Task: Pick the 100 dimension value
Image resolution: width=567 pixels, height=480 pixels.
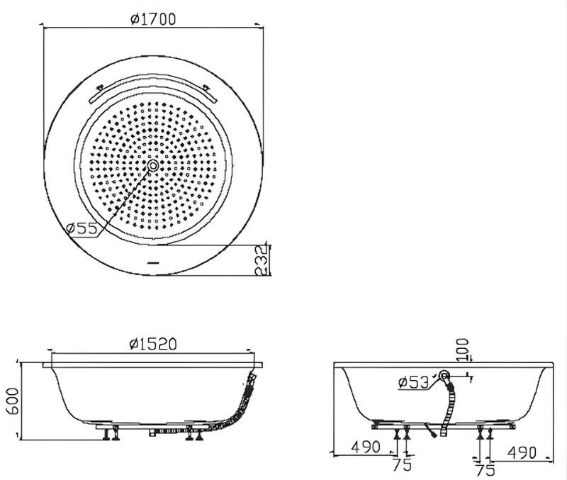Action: [x=464, y=349]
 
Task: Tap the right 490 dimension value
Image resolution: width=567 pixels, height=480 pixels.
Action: [x=520, y=451]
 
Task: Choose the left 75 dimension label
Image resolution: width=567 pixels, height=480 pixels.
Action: [x=403, y=466]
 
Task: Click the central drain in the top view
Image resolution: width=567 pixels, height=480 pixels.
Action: [x=153, y=165]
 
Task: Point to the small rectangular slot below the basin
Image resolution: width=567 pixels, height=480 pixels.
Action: [x=153, y=263]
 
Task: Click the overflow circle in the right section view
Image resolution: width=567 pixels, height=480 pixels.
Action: [x=444, y=376]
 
